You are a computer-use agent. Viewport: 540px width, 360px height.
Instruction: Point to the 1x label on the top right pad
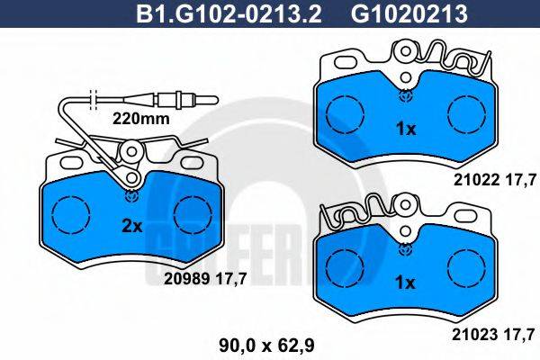point(407,129)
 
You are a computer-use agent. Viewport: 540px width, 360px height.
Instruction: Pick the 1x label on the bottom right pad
point(407,283)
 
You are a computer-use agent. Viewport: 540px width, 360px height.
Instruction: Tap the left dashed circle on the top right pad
point(340,114)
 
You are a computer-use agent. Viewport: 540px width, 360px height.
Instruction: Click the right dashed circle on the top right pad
point(466,114)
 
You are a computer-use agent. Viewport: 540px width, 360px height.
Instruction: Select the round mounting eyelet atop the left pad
point(132,156)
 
